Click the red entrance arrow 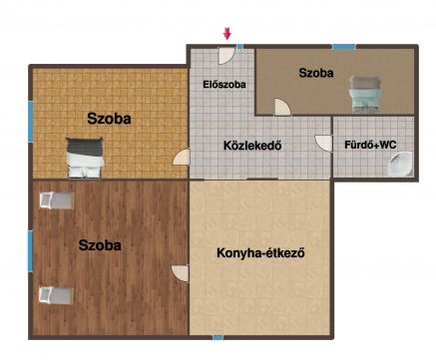[x=227, y=34]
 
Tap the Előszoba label [x=224, y=85]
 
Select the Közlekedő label [x=252, y=146]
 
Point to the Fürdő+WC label [x=370, y=145]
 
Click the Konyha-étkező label [x=260, y=253]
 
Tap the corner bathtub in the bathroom [x=400, y=164]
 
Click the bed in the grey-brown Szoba [x=365, y=95]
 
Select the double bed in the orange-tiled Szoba [x=85, y=158]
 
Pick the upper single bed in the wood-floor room [x=56, y=200]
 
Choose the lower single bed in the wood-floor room [x=56, y=295]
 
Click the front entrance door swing [x=226, y=55]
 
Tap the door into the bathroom [x=323, y=143]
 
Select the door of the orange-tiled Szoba [x=182, y=157]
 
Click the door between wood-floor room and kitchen [x=181, y=273]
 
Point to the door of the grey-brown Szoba [x=282, y=108]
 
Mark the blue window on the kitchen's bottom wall [x=218, y=338]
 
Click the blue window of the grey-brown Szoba [x=344, y=47]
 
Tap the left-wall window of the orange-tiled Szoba [x=31, y=122]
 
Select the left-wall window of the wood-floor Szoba [x=30, y=251]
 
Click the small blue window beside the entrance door [x=239, y=47]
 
